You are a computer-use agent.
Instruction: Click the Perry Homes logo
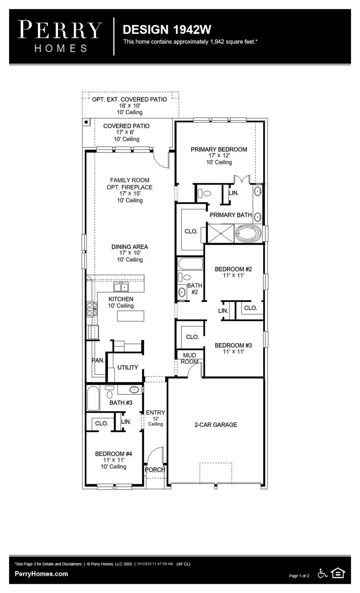pos(60,36)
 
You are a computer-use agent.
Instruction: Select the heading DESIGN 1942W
pos(167,29)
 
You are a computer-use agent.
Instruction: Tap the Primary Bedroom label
pos(219,149)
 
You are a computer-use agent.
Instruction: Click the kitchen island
pos(131,316)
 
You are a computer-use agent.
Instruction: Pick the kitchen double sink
pos(121,287)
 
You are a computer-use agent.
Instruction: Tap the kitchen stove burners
pos(92,309)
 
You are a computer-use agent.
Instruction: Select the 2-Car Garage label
pos(216,425)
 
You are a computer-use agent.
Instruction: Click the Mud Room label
pos(189,358)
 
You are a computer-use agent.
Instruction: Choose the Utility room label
pos(127,368)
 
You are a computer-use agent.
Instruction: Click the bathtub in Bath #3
pos(93,398)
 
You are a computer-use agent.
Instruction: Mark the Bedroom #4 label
pos(114,454)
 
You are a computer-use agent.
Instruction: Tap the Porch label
pos(155,470)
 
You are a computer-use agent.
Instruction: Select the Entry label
pos(155,413)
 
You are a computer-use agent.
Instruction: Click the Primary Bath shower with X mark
pos(221,233)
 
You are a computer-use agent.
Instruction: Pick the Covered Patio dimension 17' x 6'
pos(125,132)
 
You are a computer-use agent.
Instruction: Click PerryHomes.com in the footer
pos(41,574)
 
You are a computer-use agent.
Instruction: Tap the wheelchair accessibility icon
pos(323,573)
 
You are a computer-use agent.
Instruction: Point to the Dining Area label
pos(130,247)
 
